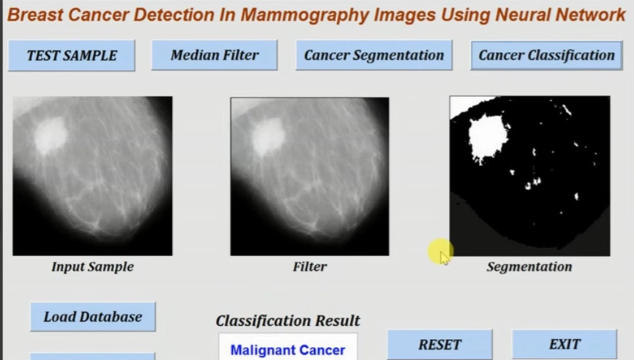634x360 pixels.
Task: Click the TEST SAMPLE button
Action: [x=72, y=55]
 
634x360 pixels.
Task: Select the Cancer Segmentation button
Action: [x=374, y=55]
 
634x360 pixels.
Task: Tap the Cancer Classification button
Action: [x=546, y=55]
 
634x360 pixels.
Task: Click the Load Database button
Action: [x=93, y=317]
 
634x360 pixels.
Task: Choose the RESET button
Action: [x=440, y=345]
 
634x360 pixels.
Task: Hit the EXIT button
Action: [x=564, y=345]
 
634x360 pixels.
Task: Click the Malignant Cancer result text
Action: [x=288, y=350]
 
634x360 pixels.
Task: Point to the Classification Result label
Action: [x=288, y=320]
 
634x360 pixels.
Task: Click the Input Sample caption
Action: [x=92, y=267]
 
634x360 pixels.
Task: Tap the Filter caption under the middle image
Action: [x=310, y=267]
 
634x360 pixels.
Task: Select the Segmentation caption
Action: [x=529, y=267]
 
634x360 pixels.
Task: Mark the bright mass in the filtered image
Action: [x=268, y=135]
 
